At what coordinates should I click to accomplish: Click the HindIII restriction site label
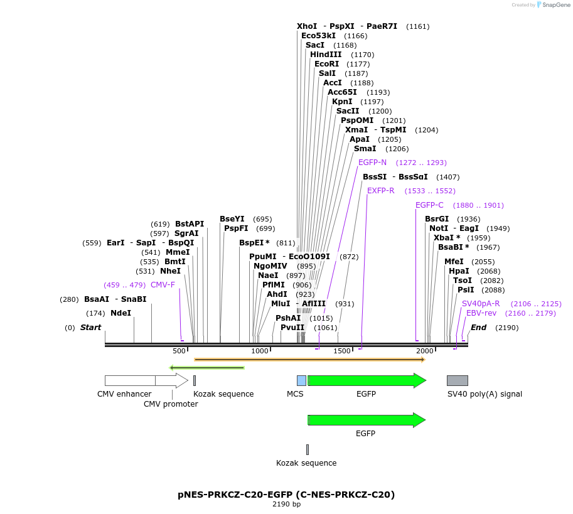pos(326,55)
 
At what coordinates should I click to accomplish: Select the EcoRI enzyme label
pos(326,64)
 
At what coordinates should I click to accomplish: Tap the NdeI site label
pos(120,313)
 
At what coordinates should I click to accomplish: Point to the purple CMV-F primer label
pos(163,284)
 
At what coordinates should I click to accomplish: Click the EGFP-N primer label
pos(372,162)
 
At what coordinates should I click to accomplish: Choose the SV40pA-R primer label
pos(481,303)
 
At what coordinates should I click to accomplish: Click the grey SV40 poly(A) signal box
pos(457,380)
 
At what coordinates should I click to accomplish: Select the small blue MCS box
pos(301,380)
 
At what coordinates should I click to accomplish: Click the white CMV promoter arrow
pos(171,380)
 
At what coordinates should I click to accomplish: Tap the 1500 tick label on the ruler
pos(342,351)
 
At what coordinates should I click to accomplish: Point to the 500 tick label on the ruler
pos(179,351)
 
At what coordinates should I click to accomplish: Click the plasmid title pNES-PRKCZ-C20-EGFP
pos(286,495)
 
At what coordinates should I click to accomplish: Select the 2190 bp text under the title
pos(286,504)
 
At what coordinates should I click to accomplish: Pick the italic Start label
pos(90,328)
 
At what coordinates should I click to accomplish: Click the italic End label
pos(478,328)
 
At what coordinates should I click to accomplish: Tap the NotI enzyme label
pos(439,228)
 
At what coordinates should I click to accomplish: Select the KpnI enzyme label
pos(342,102)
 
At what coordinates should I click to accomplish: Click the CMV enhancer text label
pos(124,394)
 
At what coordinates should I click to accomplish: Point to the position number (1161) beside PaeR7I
pos(418,26)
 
